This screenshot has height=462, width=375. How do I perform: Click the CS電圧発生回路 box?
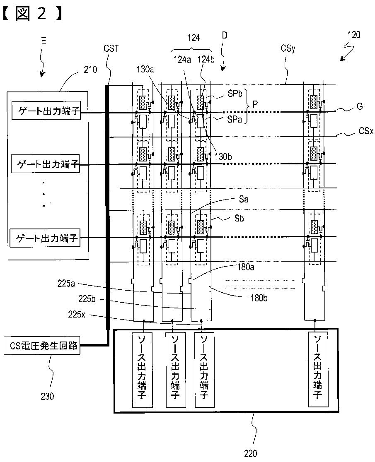(x=42, y=346)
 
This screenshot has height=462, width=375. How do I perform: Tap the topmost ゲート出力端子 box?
(x=46, y=111)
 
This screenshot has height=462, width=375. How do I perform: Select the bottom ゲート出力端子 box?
(x=45, y=238)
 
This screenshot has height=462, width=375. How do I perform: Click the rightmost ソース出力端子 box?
(x=317, y=370)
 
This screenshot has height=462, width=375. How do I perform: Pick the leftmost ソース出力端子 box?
(x=143, y=370)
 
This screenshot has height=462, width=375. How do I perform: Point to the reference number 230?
(x=47, y=396)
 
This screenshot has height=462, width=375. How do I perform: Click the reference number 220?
(x=251, y=453)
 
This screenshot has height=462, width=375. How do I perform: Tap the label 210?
(x=90, y=70)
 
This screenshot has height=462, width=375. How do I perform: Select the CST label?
(x=111, y=48)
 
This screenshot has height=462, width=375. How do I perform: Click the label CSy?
(x=288, y=48)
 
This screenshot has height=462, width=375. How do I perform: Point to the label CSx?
(x=366, y=130)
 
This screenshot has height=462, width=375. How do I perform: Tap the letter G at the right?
(x=360, y=106)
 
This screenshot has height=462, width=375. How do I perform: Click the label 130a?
(x=145, y=69)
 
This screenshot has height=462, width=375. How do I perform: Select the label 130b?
(x=223, y=156)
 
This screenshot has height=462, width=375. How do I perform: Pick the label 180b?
(x=259, y=298)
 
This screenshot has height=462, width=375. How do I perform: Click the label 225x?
(x=77, y=314)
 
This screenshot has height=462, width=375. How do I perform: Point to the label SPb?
(x=235, y=94)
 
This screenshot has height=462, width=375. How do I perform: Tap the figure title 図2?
(x=32, y=13)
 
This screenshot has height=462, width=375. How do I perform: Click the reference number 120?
(x=354, y=35)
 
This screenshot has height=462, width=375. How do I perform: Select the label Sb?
(x=239, y=218)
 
